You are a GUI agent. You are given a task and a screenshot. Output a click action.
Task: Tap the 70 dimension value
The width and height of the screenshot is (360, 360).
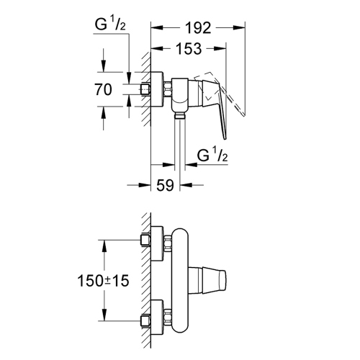coord(104,90)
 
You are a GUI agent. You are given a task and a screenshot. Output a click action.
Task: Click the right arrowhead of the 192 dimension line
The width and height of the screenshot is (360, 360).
coord(243,29)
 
